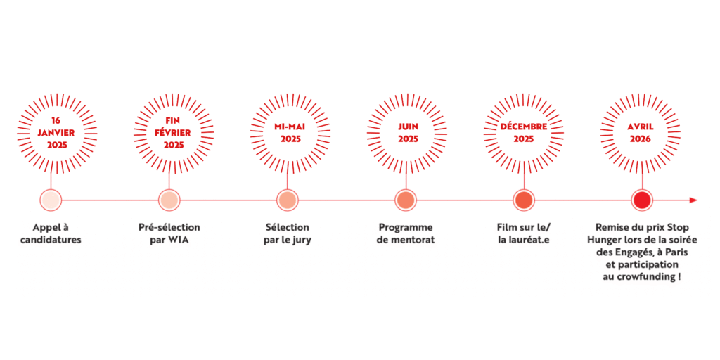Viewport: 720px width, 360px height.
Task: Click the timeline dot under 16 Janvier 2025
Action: pyautogui.click(x=51, y=200)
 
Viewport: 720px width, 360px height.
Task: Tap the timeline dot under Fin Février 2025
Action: pyautogui.click(x=169, y=200)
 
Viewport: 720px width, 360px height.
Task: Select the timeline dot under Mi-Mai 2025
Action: pyautogui.click(x=288, y=200)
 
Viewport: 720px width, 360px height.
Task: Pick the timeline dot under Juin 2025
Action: pyautogui.click(x=406, y=200)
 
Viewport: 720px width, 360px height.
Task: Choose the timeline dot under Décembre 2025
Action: pyautogui.click(x=524, y=200)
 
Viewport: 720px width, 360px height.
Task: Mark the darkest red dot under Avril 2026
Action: pyautogui.click(x=642, y=200)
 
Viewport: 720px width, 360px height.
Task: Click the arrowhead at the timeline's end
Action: pyautogui.click(x=693, y=200)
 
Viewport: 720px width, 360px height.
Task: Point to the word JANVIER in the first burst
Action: pyautogui.click(x=56, y=133)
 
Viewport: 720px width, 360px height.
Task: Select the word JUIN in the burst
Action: pyautogui.click(x=409, y=127)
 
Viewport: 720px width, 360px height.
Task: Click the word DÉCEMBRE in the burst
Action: pyautogui.click(x=524, y=127)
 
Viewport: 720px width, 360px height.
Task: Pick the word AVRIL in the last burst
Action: pyautogui.click(x=641, y=127)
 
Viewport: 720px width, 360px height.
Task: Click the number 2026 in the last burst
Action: pyautogui.click(x=641, y=139)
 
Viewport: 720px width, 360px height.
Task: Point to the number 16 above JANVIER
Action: pyautogui.click(x=56, y=121)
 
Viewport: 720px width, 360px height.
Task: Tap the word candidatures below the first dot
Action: pyautogui.click(x=51, y=240)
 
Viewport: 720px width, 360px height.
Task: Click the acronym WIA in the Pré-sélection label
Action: pyautogui.click(x=179, y=240)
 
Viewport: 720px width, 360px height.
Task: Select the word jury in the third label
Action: pyautogui.click(x=302, y=240)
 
